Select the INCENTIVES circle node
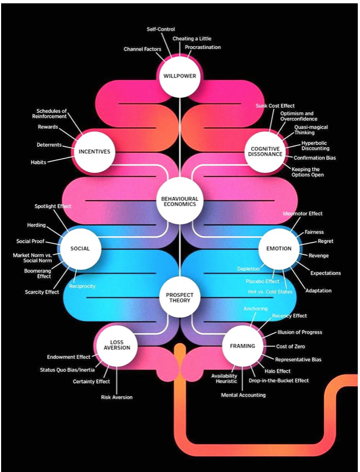[x=94, y=151]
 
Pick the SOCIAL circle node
[x=80, y=248]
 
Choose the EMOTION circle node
[x=279, y=248]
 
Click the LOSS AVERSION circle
[x=117, y=345]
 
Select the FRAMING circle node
[x=242, y=346]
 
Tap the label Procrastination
[x=203, y=48]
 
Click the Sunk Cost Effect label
[x=275, y=105]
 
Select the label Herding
[x=36, y=225]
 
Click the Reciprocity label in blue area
[x=82, y=286]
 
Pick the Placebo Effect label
[x=262, y=281]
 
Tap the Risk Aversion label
[x=117, y=397]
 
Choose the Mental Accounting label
[x=243, y=395]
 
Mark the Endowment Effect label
[x=68, y=357]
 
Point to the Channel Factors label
[x=142, y=49]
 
